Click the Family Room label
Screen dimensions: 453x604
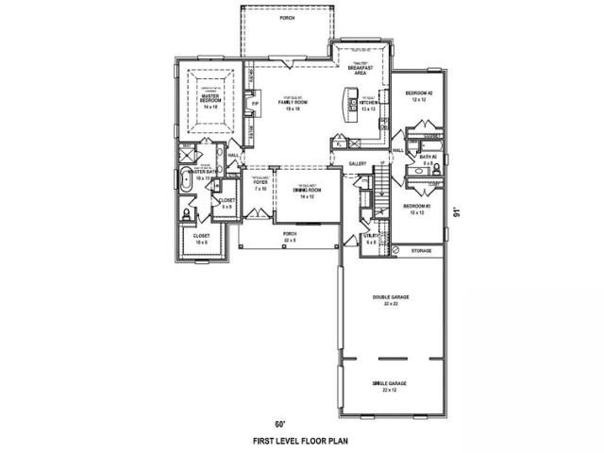coord(294,103)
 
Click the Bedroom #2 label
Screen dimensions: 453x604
coord(418,95)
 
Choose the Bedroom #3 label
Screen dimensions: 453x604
coord(417,209)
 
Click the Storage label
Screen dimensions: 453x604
coord(421,251)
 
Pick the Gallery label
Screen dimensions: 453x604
coord(357,164)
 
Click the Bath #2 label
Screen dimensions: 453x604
coord(427,160)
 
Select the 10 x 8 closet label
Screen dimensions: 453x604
coord(201,238)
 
